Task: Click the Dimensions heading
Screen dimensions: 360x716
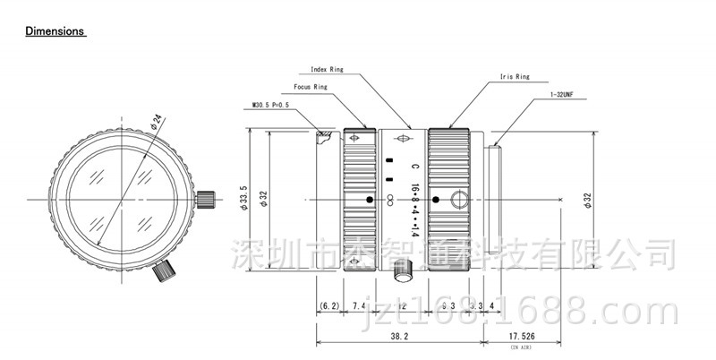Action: pyautogui.click(x=55, y=31)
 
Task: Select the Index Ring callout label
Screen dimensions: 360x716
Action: pyautogui.click(x=327, y=69)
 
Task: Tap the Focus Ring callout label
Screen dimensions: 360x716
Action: pyautogui.click(x=311, y=88)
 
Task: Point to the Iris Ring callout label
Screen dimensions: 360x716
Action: pyautogui.click(x=515, y=78)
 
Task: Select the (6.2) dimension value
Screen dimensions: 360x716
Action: pyautogui.click(x=329, y=307)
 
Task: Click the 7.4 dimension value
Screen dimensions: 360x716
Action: pyautogui.click(x=359, y=307)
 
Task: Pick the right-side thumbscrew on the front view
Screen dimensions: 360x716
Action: pyautogui.click(x=206, y=198)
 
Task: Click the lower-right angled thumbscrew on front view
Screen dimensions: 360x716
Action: pyautogui.click(x=164, y=268)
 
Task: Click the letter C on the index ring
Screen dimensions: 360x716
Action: pyautogui.click(x=414, y=167)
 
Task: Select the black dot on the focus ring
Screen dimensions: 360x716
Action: pyautogui.click(x=369, y=199)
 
